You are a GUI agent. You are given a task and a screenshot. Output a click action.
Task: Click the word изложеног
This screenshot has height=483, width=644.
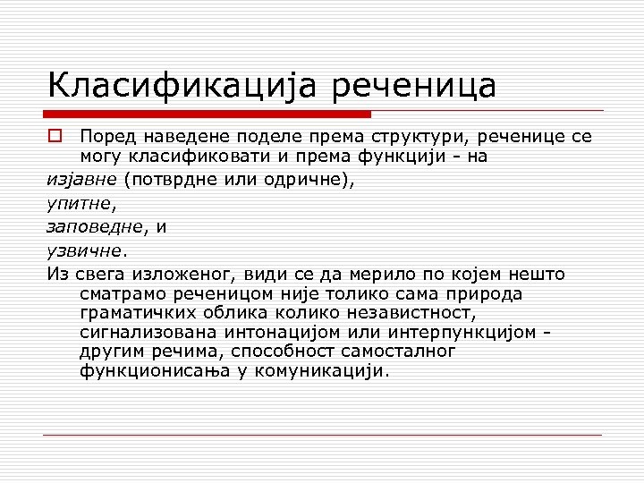(179, 274)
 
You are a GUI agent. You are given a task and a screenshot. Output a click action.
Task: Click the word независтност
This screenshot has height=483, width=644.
(402, 313)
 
